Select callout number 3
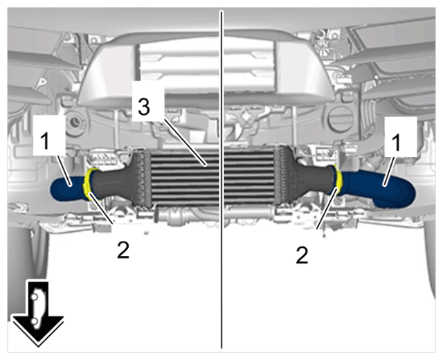144,107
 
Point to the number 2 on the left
123,250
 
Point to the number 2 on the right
302,255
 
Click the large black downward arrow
38,314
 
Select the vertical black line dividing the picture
221,180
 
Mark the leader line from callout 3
186,143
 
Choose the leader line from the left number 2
101,208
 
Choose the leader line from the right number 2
327,208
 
